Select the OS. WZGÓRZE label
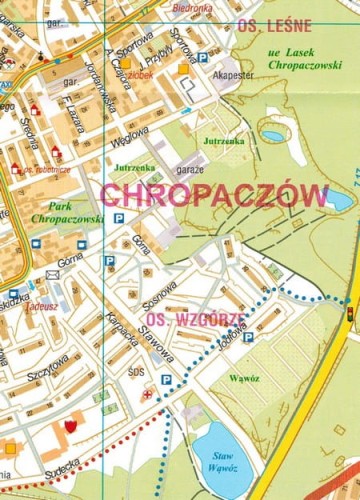(184, 320)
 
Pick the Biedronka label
(220, 6)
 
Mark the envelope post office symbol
(51, 275)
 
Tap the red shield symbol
(71, 426)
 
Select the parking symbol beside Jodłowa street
(248, 337)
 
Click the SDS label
(136, 371)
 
